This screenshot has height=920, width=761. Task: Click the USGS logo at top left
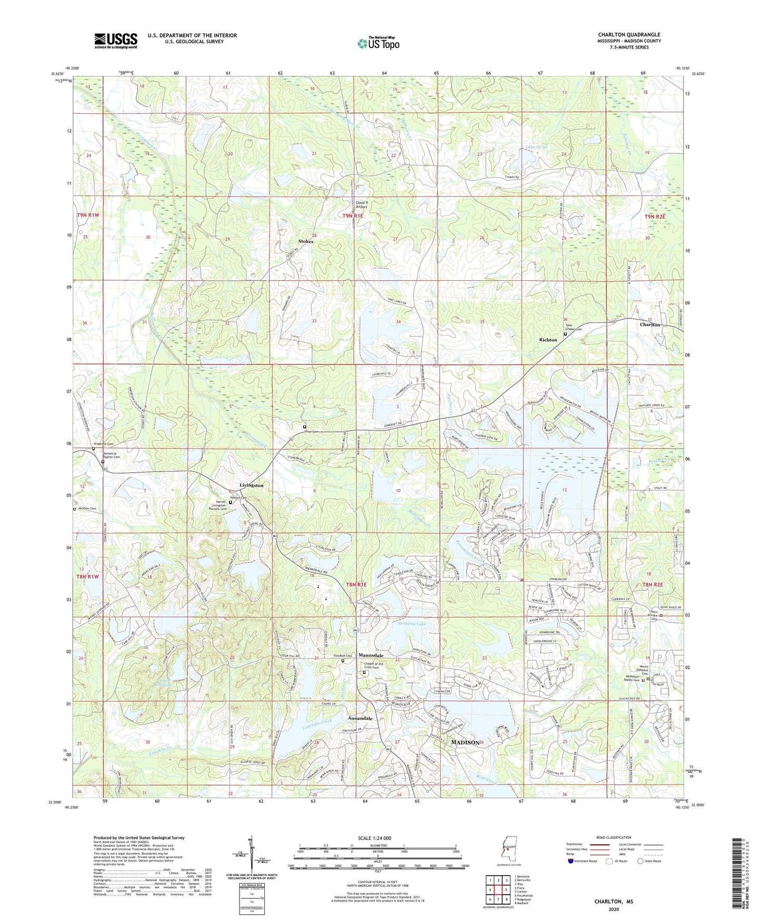click(115, 41)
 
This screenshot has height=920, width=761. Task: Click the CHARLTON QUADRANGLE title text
click(629, 35)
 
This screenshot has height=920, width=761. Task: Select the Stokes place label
click(305, 241)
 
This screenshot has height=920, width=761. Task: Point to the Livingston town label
click(251, 485)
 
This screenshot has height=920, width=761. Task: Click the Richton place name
click(548, 340)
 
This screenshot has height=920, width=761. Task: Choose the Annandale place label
click(360, 719)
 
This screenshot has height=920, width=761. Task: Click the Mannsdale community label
click(371, 655)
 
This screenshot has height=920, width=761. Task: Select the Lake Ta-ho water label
click(537, 146)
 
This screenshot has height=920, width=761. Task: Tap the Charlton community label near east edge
click(649, 325)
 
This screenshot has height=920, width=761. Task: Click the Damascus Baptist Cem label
click(111, 455)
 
